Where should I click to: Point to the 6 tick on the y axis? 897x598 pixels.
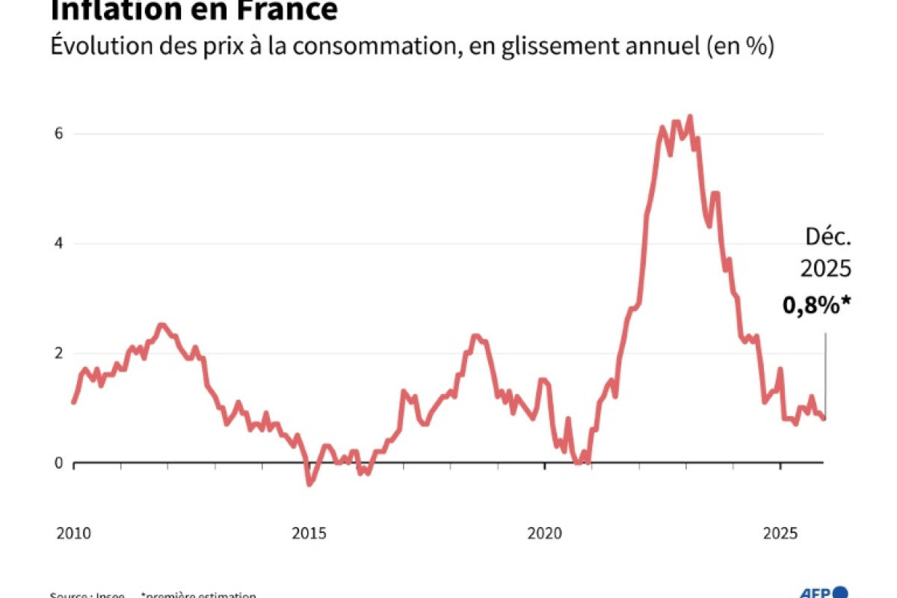[58, 134]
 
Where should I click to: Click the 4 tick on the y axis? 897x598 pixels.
[58, 244]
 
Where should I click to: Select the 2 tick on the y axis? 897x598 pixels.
[58, 354]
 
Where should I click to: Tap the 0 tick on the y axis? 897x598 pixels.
[58, 463]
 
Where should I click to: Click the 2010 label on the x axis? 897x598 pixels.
[73, 534]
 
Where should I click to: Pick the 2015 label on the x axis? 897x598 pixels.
[309, 534]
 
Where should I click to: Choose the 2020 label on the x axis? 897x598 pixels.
[544, 534]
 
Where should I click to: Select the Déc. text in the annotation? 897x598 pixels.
[828, 238]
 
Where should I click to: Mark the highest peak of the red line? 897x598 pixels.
[690, 117]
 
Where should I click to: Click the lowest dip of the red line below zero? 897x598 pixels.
[309, 484]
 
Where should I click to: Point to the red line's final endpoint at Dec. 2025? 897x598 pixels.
[824, 419]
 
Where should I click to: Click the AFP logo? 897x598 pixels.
[828, 592]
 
